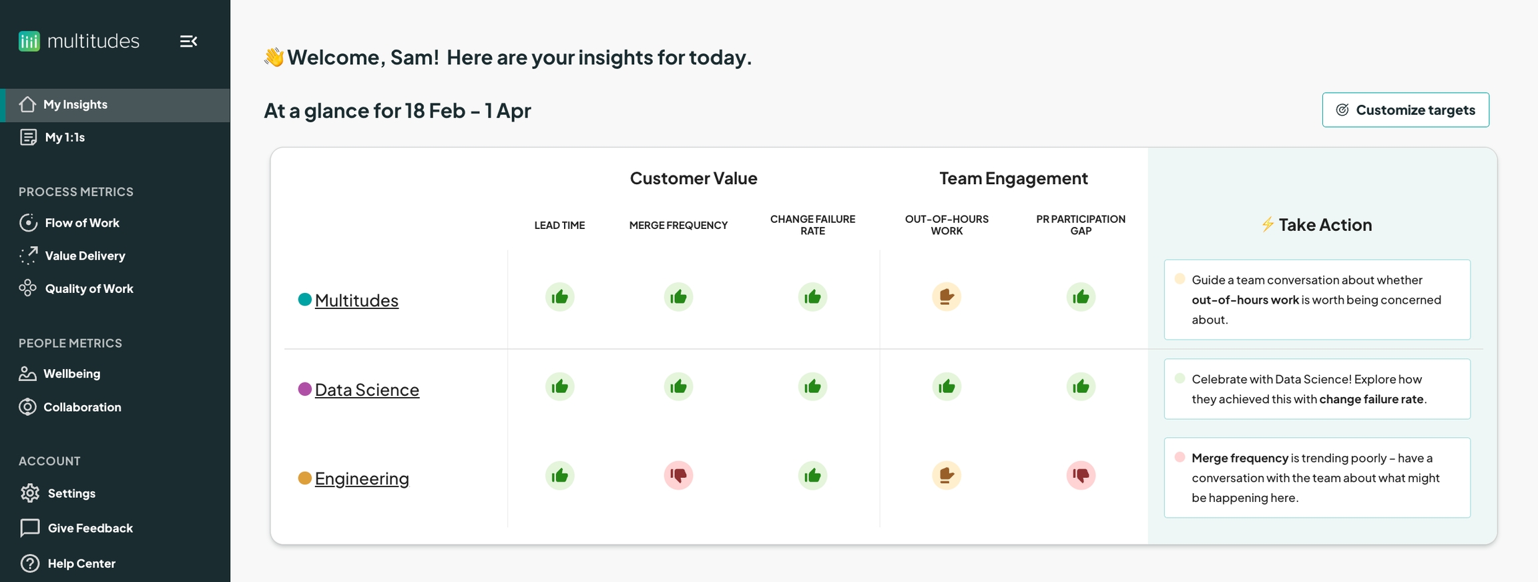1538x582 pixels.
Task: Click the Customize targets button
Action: (x=1405, y=109)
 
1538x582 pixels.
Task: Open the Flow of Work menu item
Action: (x=69, y=223)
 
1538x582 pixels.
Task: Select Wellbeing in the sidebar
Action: (x=60, y=374)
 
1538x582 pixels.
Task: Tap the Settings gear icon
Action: (x=29, y=493)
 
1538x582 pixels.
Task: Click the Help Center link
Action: (x=67, y=563)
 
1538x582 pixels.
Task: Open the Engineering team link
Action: (x=362, y=479)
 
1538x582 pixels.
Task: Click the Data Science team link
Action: (x=367, y=390)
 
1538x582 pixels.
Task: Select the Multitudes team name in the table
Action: (x=356, y=300)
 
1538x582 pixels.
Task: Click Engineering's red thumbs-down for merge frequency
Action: (x=678, y=475)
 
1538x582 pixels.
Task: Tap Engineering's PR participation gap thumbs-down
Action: (x=1081, y=475)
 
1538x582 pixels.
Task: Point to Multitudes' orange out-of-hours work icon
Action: (x=947, y=296)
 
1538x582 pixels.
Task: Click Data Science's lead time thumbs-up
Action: (x=559, y=386)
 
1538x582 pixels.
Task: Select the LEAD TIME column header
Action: (x=559, y=226)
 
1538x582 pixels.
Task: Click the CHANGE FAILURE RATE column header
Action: (x=812, y=225)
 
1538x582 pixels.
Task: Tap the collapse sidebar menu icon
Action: (x=188, y=41)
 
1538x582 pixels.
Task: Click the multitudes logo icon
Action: (x=29, y=41)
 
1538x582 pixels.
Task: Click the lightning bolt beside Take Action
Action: (x=1268, y=224)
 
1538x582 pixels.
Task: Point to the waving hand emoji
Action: (x=274, y=57)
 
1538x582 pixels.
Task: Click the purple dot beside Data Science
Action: (x=304, y=389)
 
